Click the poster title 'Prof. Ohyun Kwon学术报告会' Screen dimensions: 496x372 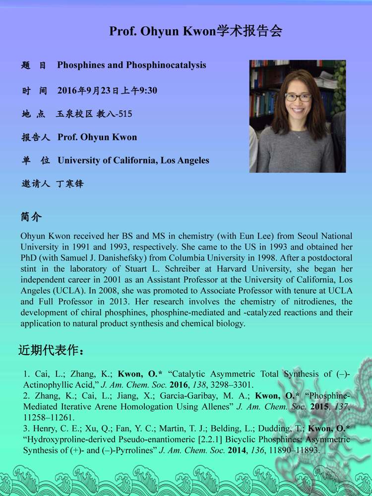pos(195,31)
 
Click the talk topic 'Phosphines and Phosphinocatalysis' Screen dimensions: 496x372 pos(131,65)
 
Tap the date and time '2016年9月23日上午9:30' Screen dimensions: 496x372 pos(107,90)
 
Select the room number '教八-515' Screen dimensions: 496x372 pos(114,114)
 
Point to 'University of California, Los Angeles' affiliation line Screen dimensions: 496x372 pos(133,160)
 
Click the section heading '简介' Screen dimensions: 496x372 pos(31,217)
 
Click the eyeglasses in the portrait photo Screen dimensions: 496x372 pos(298,97)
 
